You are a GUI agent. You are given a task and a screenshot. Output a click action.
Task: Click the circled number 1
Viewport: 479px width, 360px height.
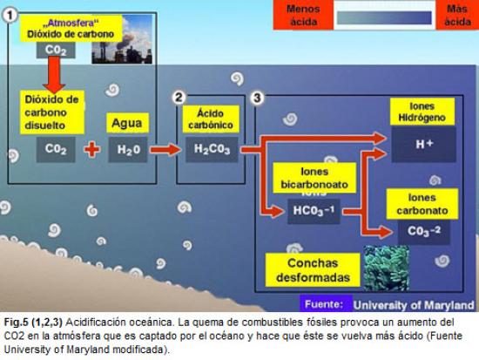click(10, 16)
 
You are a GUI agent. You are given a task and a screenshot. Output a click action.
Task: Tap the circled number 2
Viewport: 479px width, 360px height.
click(179, 98)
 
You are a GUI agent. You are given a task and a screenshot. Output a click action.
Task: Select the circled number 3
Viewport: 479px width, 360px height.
click(257, 98)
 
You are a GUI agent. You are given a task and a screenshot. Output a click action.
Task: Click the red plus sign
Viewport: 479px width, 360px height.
click(92, 149)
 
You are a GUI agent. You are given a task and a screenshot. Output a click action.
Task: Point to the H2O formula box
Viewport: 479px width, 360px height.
click(128, 150)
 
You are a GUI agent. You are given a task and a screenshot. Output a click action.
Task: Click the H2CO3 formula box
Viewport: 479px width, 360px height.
click(212, 150)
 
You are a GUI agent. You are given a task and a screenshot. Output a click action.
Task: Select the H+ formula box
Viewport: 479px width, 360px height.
click(424, 145)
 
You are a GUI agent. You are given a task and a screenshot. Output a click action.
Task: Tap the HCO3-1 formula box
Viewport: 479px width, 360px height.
click(314, 211)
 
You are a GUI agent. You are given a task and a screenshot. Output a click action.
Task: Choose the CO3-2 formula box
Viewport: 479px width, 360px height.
click(424, 232)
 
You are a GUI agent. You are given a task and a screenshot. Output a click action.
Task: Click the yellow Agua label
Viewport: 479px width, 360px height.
click(127, 123)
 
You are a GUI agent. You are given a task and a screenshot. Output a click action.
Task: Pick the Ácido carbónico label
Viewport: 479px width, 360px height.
click(211, 119)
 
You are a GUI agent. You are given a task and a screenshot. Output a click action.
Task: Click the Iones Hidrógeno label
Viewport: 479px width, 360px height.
click(422, 112)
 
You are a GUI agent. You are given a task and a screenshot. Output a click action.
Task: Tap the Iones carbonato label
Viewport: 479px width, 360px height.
click(422, 204)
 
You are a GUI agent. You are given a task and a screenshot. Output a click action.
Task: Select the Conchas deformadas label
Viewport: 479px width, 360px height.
click(313, 270)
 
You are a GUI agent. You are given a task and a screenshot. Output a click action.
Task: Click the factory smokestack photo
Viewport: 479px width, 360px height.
click(122, 39)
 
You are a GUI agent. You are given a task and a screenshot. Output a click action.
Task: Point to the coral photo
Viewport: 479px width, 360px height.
click(387, 268)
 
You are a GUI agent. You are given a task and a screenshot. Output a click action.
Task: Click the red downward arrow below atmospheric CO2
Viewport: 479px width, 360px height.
click(54, 75)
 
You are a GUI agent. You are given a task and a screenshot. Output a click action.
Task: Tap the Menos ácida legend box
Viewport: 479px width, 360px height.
click(303, 15)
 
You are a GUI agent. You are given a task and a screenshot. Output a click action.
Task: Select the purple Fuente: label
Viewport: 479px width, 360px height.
click(326, 303)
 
